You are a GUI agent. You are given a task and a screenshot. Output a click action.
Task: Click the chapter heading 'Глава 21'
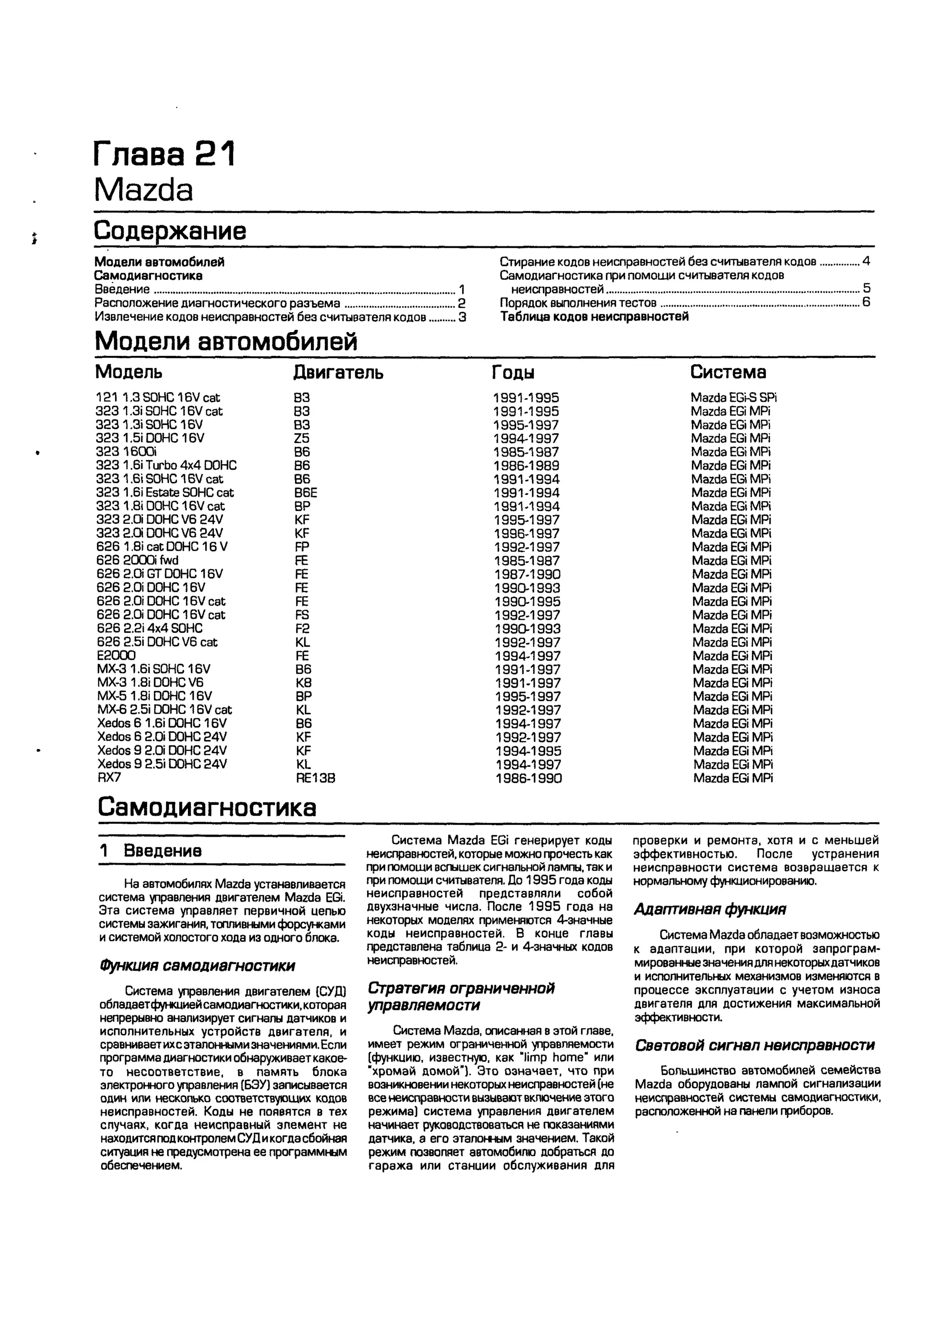[164, 154]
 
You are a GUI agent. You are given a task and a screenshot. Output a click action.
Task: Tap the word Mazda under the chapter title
[144, 190]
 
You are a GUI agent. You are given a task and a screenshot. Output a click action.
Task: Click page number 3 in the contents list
[462, 317]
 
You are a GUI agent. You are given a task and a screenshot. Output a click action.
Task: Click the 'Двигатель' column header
[338, 372]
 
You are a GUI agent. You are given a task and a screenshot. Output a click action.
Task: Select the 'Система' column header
[728, 372]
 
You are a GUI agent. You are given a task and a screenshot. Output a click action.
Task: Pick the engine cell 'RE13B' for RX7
[315, 778]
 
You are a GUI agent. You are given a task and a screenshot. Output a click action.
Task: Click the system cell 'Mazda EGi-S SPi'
[734, 398]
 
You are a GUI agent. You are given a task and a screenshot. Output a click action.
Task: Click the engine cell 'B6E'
[305, 493]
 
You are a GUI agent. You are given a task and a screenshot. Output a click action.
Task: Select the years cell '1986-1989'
[526, 466]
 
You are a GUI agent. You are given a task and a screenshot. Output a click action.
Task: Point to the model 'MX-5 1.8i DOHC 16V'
[154, 696]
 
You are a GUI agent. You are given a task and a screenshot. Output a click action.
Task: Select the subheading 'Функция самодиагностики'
[197, 965]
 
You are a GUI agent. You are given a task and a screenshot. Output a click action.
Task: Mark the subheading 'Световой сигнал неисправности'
[755, 1045]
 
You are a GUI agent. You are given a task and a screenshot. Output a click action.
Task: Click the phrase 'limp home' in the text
[553, 1057]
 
